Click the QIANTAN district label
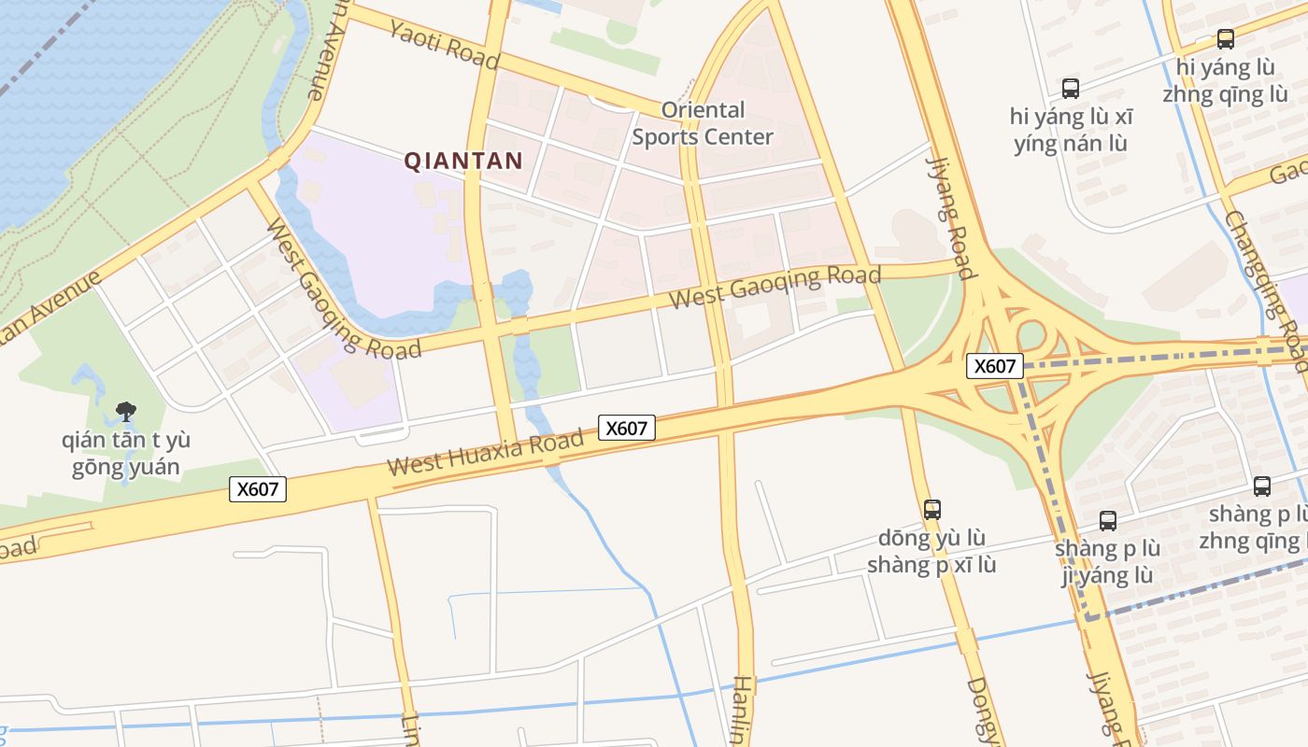click(462, 161)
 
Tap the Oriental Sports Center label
click(703, 123)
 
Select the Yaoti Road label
click(444, 44)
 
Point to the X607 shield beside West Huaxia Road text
click(626, 429)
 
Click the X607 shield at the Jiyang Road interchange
click(994, 366)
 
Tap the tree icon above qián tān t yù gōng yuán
click(125, 411)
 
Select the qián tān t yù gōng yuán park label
click(126, 453)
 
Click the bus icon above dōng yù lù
click(931, 509)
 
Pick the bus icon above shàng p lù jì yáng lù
click(1107, 521)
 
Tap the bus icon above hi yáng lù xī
click(1071, 89)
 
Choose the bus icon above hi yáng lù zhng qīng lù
click(1225, 39)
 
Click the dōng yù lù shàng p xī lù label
click(931, 552)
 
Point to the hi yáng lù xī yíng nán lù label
click(1071, 131)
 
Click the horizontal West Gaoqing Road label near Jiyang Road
click(775, 288)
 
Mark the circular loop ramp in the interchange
click(1031, 335)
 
